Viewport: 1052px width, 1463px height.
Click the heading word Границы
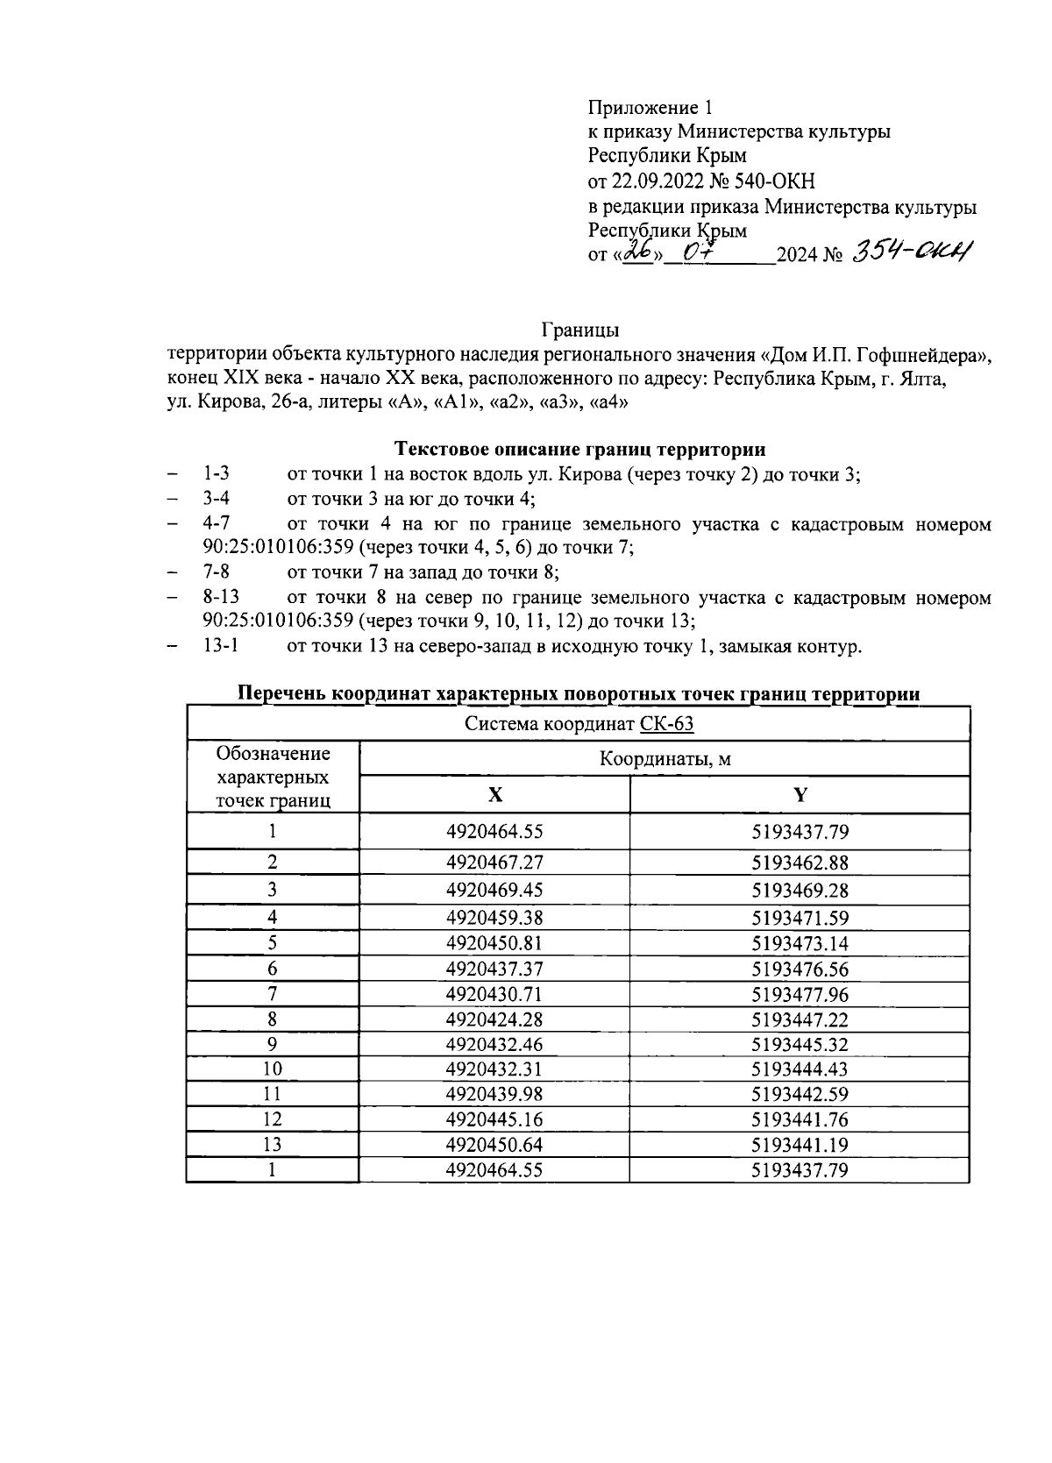point(580,330)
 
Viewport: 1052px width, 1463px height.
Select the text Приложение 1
point(650,108)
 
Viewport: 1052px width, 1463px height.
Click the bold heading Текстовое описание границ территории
point(579,450)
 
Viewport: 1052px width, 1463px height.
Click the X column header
point(495,795)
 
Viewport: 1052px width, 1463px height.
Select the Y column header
point(800,795)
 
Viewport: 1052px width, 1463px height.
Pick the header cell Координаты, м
point(665,759)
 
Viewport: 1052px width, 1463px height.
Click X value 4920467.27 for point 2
point(494,863)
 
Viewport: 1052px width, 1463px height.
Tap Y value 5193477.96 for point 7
point(800,995)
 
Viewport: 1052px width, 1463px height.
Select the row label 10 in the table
point(273,1069)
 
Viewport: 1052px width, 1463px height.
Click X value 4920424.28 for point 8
point(494,1019)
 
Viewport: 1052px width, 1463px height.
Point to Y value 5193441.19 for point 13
point(800,1145)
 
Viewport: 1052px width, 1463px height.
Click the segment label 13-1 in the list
point(221,646)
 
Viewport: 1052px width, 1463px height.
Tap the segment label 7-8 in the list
point(217,572)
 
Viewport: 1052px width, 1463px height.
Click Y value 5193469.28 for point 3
point(800,891)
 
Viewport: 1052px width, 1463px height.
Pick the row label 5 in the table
point(273,944)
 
